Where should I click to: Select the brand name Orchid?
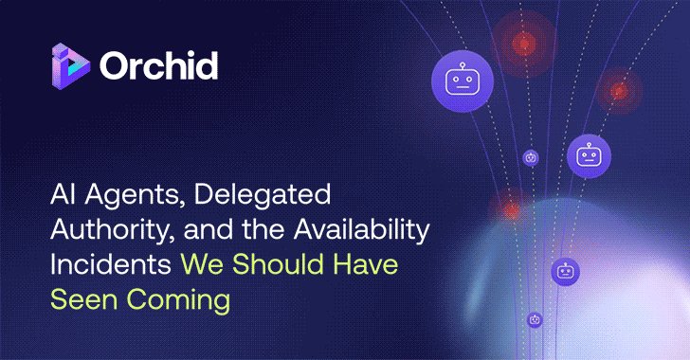tap(158, 66)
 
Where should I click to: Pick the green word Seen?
tap(84, 299)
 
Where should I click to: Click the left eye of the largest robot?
tap(451, 79)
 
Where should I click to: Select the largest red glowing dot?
tap(523, 43)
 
